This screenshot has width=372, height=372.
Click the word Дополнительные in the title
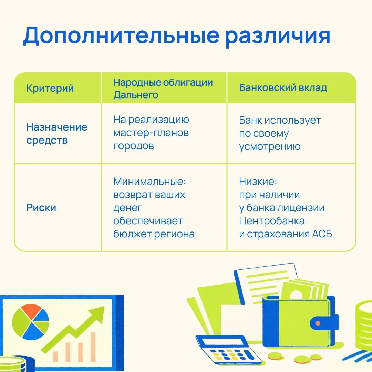121,36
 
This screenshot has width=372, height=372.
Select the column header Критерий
50,88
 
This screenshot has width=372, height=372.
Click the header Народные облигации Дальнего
163,89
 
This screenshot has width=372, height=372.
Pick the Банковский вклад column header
283,87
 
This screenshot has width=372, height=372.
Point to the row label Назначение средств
57,134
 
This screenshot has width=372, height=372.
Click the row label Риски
41,208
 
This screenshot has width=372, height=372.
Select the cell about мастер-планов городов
151,133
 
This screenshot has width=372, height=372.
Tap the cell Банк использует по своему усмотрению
280,133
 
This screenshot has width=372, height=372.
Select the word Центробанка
272,221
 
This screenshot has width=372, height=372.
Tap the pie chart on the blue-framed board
31,322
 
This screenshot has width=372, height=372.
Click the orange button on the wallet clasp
318,323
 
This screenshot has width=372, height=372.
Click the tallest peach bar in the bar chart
93,347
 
